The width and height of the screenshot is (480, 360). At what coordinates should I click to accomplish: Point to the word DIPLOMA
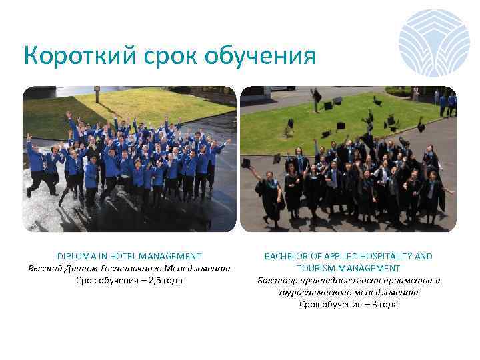76,256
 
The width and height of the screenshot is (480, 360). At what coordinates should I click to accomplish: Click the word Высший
45,268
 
